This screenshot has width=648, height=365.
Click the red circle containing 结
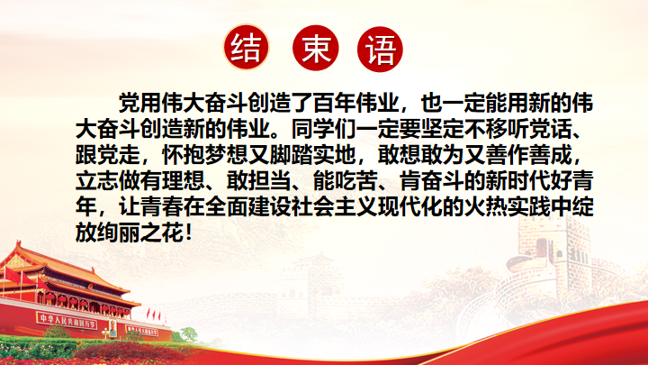point(247,47)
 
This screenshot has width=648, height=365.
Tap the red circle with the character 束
point(315,48)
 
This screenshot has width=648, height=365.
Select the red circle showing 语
point(380,50)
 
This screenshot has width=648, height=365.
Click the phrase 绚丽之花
point(140,233)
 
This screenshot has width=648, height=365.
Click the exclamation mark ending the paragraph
point(189,233)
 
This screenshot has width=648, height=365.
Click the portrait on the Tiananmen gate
point(112,326)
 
